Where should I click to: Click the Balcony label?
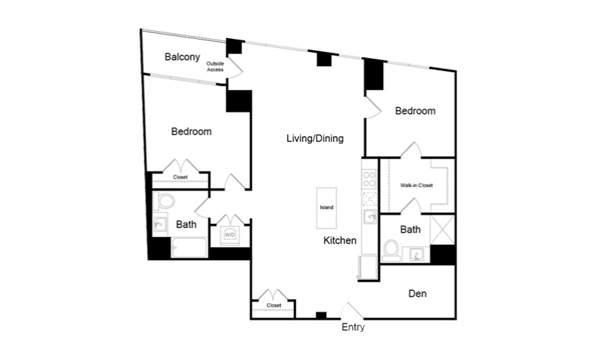[x=182, y=57]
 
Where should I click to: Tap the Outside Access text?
[x=215, y=67]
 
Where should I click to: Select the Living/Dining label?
[x=315, y=138]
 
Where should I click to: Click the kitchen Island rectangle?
[x=327, y=207]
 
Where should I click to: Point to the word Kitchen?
[x=340, y=240]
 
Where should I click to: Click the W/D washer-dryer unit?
[x=230, y=235]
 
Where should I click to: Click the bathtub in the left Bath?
[x=189, y=248]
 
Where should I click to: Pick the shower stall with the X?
[x=443, y=230]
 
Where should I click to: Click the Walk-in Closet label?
[x=416, y=185]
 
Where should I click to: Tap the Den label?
[x=418, y=294]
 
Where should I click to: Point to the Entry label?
[x=353, y=327]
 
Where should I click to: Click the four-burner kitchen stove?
[x=369, y=179]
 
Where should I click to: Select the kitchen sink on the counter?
[x=369, y=217]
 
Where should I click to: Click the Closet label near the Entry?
[x=274, y=305]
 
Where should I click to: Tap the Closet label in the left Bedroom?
[x=180, y=177]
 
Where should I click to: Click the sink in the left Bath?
[x=161, y=225]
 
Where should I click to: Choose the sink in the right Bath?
[x=416, y=254]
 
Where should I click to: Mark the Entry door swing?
[x=352, y=310]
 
